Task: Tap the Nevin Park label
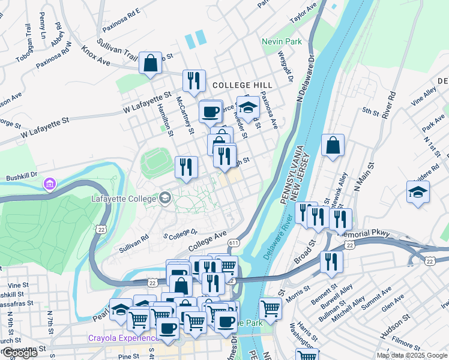point(282,42)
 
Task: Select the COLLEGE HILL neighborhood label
point(242,85)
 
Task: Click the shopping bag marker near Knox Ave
point(150,62)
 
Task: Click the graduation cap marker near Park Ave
point(418,192)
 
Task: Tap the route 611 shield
point(233,242)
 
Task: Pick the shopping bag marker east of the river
point(333,145)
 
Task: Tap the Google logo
point(19,353)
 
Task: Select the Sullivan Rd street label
point(133,242)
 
